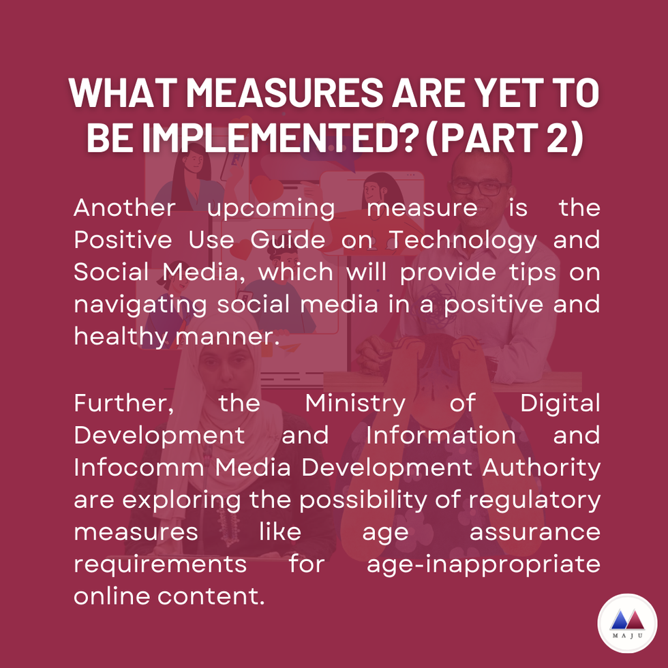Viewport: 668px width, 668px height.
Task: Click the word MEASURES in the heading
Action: click(x=285, y=93)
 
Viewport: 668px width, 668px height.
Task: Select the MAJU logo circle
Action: click(x=627, y=623)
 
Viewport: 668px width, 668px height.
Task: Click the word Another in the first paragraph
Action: click(x=124, y=207)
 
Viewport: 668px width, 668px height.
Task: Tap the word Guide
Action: click(x=288, y=239)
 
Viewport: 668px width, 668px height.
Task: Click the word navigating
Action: click(x=140, y=305)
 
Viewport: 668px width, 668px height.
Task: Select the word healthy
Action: click(x=121, y=337)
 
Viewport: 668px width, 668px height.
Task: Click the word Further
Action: click(x=124, y=403)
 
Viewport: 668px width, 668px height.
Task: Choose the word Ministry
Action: click(x=355, y=404)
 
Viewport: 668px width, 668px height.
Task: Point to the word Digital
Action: click(x=560, y=404)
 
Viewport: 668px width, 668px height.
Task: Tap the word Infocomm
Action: click(x=139, y=468)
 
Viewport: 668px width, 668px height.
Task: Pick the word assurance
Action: click(x=535, y=532)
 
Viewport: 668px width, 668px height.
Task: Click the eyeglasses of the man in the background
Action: click(x=480, y=187)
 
